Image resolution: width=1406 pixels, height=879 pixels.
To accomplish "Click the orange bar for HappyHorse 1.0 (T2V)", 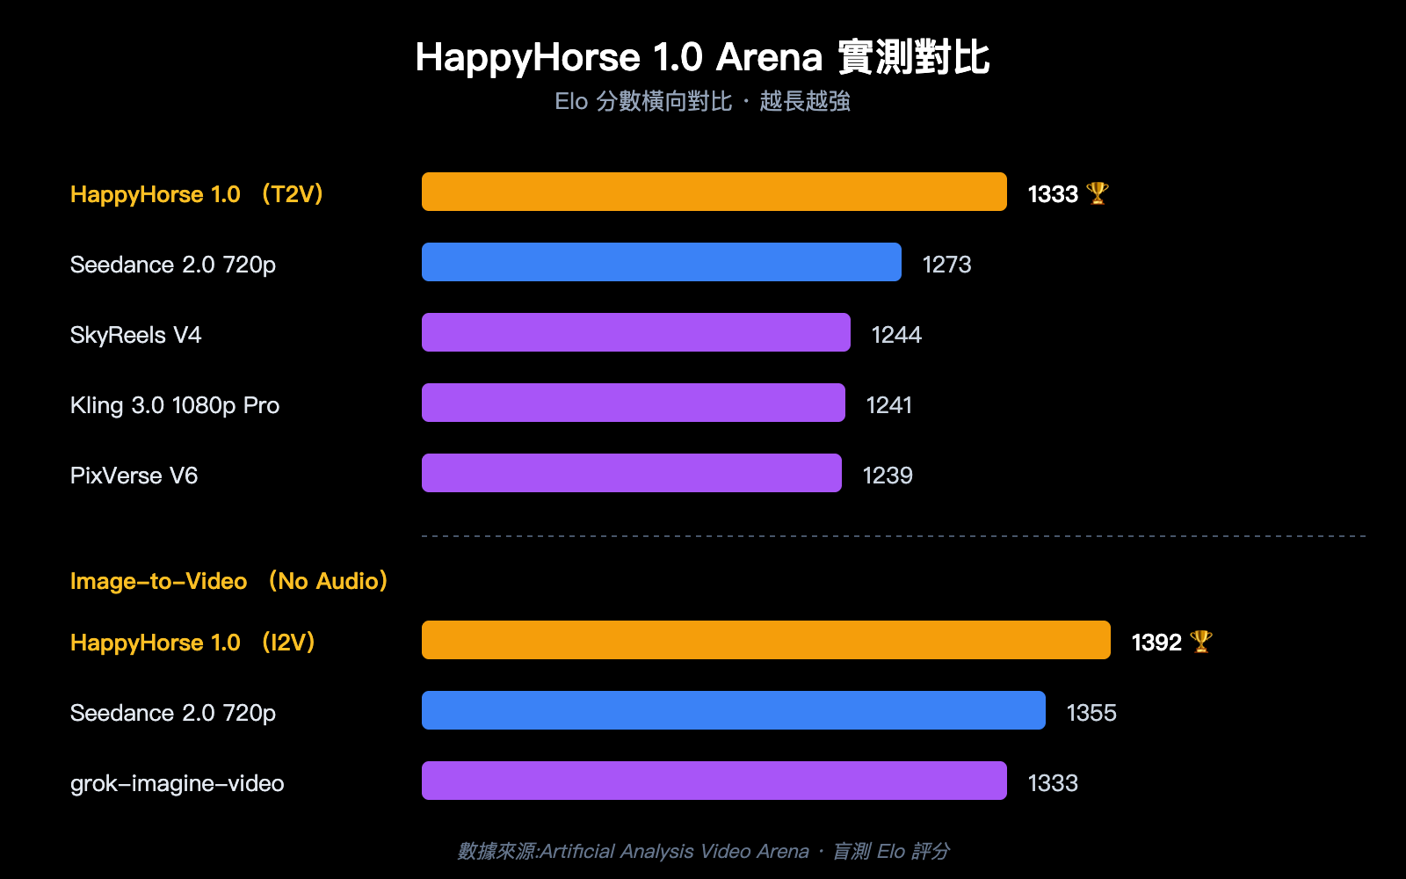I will coord(714,192).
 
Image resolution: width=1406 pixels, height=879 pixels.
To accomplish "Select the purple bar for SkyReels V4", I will coord(635,332).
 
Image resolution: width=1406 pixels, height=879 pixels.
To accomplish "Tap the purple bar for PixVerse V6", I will coord(631,473).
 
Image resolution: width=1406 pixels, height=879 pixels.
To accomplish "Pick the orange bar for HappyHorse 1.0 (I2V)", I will coord(765,640).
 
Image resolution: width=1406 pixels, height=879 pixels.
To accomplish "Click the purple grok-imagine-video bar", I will coord(714,781).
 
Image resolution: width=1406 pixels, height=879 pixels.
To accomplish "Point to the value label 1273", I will coord(946,265).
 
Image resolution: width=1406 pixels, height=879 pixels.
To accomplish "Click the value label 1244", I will coord(895,335).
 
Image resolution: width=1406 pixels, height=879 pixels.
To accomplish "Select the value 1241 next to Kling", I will coord(888,405).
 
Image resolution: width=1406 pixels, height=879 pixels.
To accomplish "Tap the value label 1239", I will coord(888,476).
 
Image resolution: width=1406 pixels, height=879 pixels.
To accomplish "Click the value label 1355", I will coord(1091,713).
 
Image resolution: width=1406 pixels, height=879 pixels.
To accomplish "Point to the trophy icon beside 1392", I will coord(1200,642).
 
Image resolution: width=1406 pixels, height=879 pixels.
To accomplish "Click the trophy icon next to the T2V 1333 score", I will coord(1097,193).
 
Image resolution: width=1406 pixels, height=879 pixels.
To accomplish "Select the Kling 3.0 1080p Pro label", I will coord(175,405).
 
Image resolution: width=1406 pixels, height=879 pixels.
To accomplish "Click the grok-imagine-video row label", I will coord(177,783).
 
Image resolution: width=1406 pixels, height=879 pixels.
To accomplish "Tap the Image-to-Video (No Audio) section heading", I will coord(228,581).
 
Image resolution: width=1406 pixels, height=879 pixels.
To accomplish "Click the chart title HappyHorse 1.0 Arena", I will coord(702,58).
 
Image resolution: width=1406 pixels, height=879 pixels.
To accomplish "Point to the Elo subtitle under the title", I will coord(702,102).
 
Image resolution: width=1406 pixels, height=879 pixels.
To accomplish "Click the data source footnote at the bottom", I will coord(702,851).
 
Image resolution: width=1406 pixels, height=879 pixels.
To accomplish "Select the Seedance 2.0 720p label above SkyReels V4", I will coord(173,265).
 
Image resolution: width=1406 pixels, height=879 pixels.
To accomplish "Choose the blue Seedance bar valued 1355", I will coord(733,710).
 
